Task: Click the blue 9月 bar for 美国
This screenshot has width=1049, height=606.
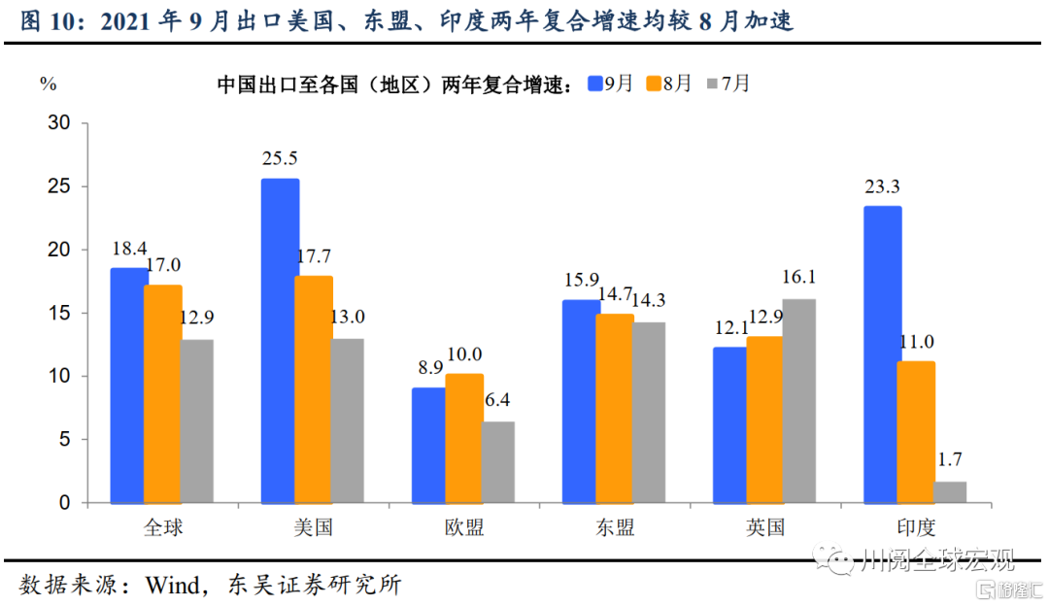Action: (280, 341)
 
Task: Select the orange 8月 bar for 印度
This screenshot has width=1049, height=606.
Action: (916, 432)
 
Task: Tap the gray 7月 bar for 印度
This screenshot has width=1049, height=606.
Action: (950, 492)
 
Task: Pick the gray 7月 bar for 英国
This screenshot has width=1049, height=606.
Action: (798, 401)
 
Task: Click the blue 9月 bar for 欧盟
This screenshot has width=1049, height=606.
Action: (428, 446)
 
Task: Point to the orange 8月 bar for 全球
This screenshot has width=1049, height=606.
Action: (163, 394)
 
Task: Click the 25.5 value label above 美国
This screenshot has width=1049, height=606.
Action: (280, 157)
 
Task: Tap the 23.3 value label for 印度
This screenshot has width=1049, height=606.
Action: (883, 185)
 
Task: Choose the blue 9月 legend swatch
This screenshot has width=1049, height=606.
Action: (595, 84)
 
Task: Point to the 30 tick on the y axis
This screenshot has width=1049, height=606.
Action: (59, 122)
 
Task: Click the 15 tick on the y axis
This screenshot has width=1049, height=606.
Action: (59, 313)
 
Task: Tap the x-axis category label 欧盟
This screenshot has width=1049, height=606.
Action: (464, 527)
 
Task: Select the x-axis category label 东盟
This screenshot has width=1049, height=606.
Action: (615, 527)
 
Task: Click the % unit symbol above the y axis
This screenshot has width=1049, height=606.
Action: (48, 84)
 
